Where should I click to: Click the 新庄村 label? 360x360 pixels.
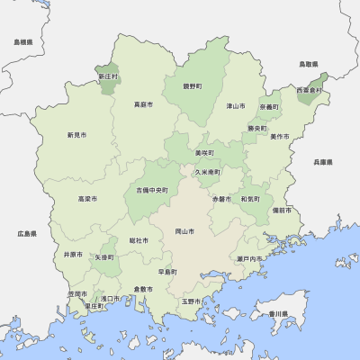(108, 76)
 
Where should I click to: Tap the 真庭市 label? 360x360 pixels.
(143, 104)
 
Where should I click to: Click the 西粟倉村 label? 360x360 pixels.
(308, 90)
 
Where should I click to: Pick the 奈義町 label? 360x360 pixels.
(268, 106)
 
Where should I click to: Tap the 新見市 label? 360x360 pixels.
(76, 135)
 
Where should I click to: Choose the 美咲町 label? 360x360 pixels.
(204, 154)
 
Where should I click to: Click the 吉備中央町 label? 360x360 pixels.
(152, 190)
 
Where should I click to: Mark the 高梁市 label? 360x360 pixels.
(87, 198)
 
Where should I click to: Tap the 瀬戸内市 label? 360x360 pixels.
(249, 259)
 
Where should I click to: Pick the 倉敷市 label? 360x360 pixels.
(144, 288)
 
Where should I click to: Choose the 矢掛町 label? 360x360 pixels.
(104, 257)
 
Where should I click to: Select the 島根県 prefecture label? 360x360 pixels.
(23, 42)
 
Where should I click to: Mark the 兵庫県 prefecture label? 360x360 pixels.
(323, 162)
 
